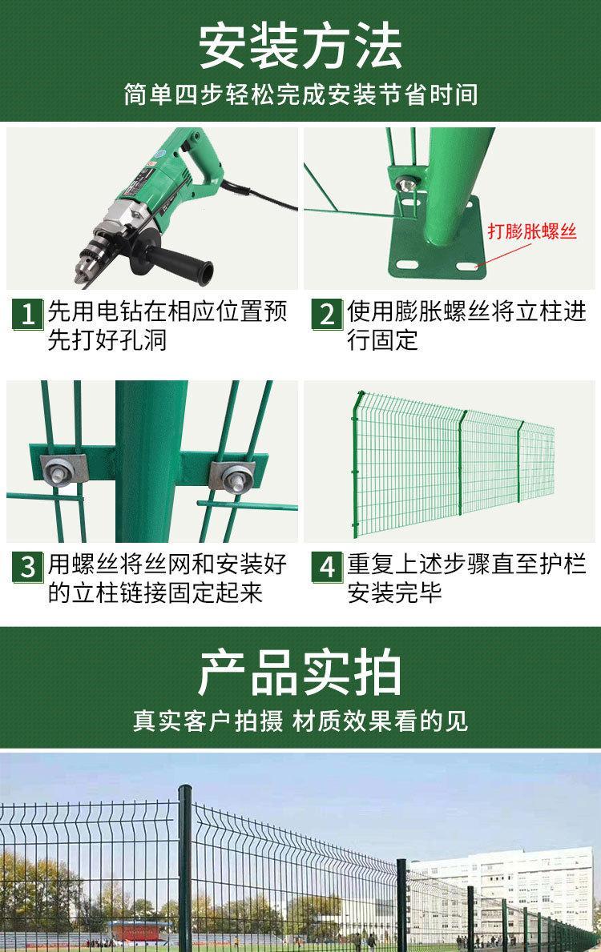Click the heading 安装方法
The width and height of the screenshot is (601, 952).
(300, 46)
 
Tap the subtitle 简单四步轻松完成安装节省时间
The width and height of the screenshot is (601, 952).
(300, 94)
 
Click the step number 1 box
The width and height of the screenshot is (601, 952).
(28, 314)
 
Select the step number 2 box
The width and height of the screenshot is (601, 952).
(327, 314)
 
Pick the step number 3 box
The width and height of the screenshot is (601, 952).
(28, 567)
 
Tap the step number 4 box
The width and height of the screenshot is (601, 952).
(327, 567)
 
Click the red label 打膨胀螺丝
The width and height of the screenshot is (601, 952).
(532, 231)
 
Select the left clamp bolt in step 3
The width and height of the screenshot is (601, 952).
(59, 472)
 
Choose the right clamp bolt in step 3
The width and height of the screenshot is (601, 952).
(233, 476)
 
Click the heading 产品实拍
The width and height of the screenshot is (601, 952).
(300, 673)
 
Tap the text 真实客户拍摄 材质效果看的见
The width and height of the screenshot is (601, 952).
(300, 721)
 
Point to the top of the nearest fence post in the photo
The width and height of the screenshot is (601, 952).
(185, 789)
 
